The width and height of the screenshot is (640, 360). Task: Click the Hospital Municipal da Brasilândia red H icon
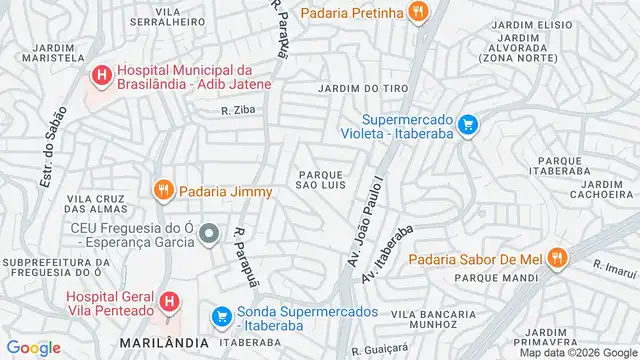(101, 75)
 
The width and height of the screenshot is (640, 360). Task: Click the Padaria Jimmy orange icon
(162, 190)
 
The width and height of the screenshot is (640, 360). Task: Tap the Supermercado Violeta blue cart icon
(468, 125)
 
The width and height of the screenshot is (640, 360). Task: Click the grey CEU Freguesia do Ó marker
(209, 235)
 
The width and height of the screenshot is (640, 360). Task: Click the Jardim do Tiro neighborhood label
(351, 89)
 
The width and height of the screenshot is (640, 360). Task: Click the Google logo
(32, 348)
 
